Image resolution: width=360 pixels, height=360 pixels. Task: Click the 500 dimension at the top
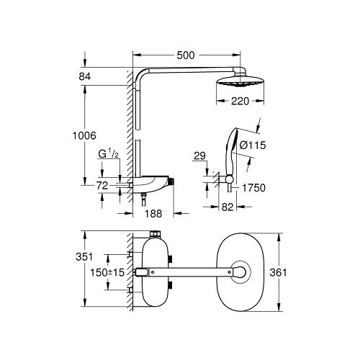pos(186,55)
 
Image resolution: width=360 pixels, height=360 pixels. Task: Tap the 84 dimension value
pos(85,76)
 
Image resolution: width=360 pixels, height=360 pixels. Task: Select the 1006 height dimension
pos(84,135)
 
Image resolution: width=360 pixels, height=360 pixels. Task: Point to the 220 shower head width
pos(240,101)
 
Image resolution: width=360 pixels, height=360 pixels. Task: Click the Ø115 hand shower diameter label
pos(253,145)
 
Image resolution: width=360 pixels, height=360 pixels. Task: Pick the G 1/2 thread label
pos(109,153)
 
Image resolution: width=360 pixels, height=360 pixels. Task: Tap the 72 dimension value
pos(102,186)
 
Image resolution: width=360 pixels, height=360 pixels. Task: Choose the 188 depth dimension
pos(153,213)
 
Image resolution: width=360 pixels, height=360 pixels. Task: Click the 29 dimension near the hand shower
pos(199,156)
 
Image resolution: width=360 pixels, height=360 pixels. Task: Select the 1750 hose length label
pos(253,188)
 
